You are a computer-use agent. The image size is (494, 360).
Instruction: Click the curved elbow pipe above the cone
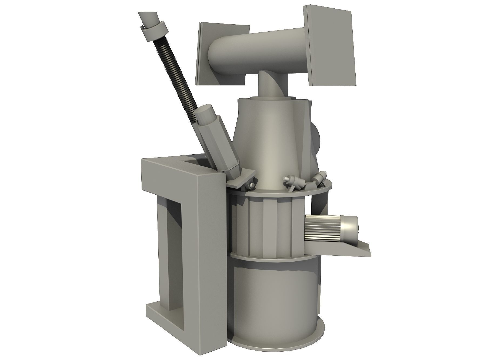click(270, 84)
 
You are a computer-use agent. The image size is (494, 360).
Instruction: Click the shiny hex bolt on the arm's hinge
click(252, 185)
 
